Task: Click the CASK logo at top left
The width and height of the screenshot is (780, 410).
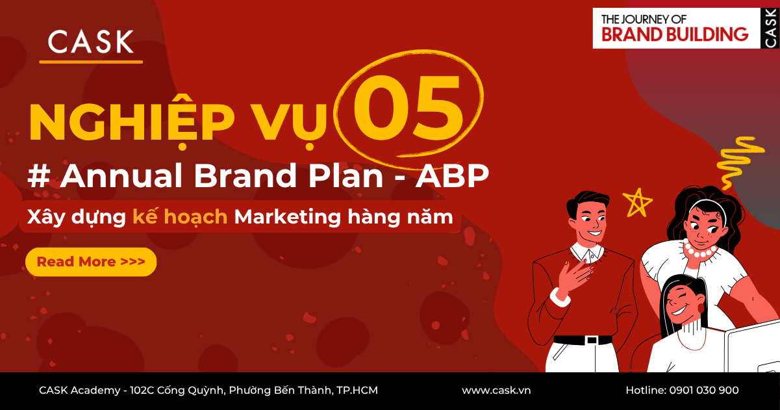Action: [91, 42]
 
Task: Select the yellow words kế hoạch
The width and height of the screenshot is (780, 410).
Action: [180, 216]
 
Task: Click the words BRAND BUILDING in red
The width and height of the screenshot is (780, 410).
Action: [675, 34]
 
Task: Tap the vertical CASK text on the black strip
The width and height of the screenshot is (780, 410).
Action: [770, 28]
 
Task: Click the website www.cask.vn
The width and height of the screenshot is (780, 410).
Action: [496, 391]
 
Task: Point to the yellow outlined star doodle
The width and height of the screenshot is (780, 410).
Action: [637, 202]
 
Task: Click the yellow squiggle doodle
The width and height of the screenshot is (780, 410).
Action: [738, 159]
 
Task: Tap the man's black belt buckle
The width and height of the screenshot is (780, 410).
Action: [591, 340]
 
